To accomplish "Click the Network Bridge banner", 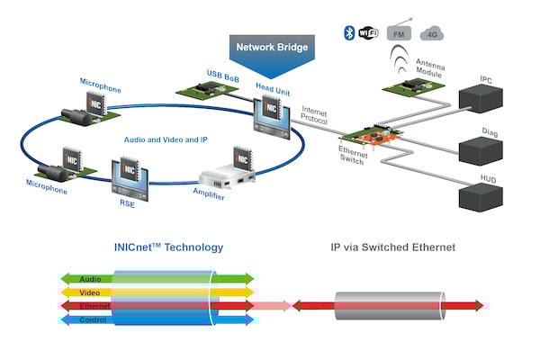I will [x=271, y=46].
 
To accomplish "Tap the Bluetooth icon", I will [x=350, y=33].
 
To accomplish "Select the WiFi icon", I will [x=369, y=33].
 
